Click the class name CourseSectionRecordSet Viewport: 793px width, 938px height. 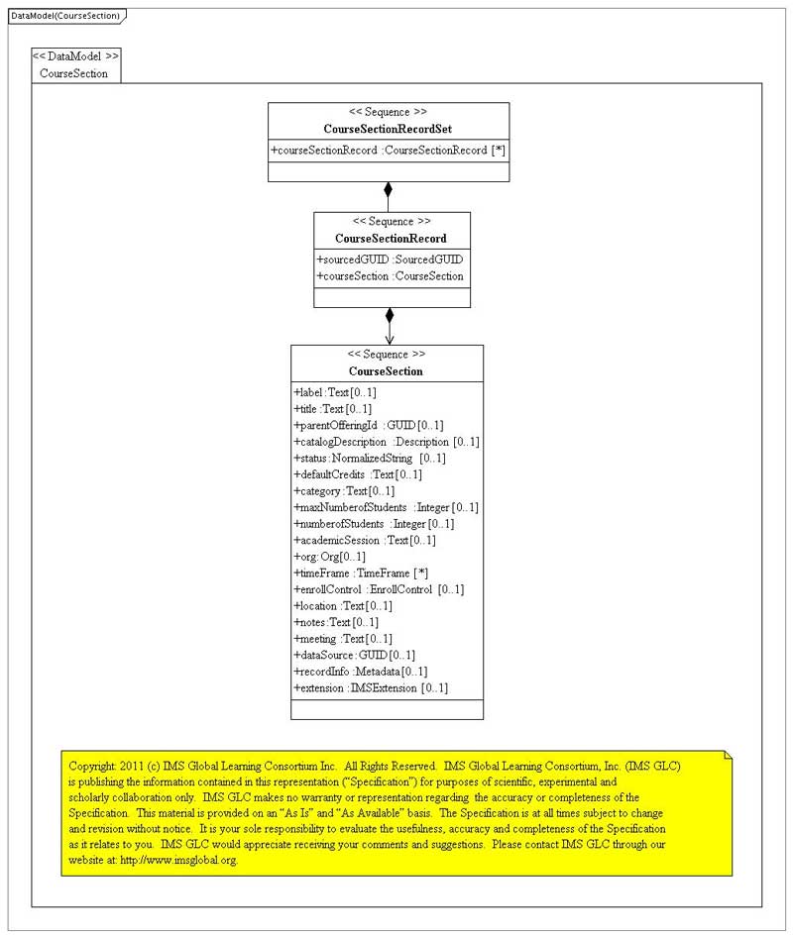point(389,129)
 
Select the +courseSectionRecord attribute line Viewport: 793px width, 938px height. point(389,151)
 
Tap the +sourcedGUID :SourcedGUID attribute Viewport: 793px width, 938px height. point(391,260)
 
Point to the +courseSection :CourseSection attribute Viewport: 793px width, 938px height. point(391,276)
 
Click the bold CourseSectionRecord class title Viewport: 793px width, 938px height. point(391,239)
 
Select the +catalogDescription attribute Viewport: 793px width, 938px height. point(387,442)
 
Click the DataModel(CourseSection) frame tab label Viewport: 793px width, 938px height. point(65,16)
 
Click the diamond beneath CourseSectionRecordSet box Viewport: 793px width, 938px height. point(389,190)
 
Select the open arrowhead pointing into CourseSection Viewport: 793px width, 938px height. point(389,339)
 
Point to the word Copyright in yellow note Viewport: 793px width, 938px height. point(92,766)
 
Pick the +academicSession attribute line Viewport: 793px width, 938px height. point(365,540)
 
